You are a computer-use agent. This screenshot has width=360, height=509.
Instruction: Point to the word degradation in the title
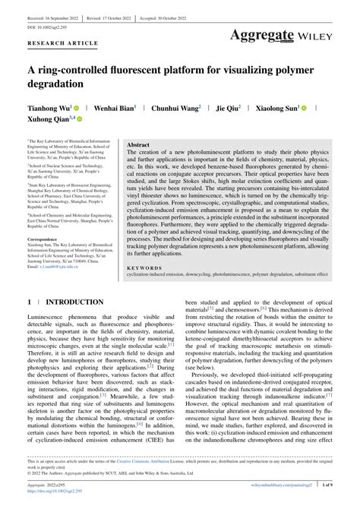(x=57, y=85)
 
